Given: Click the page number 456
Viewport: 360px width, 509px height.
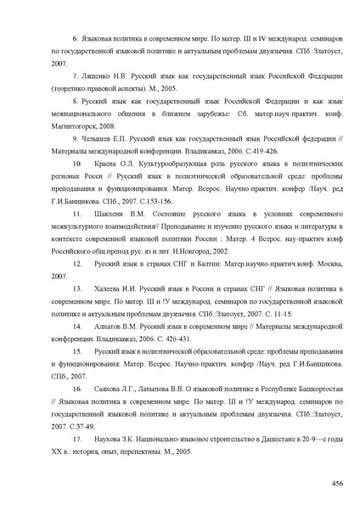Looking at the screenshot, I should (337, 483).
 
